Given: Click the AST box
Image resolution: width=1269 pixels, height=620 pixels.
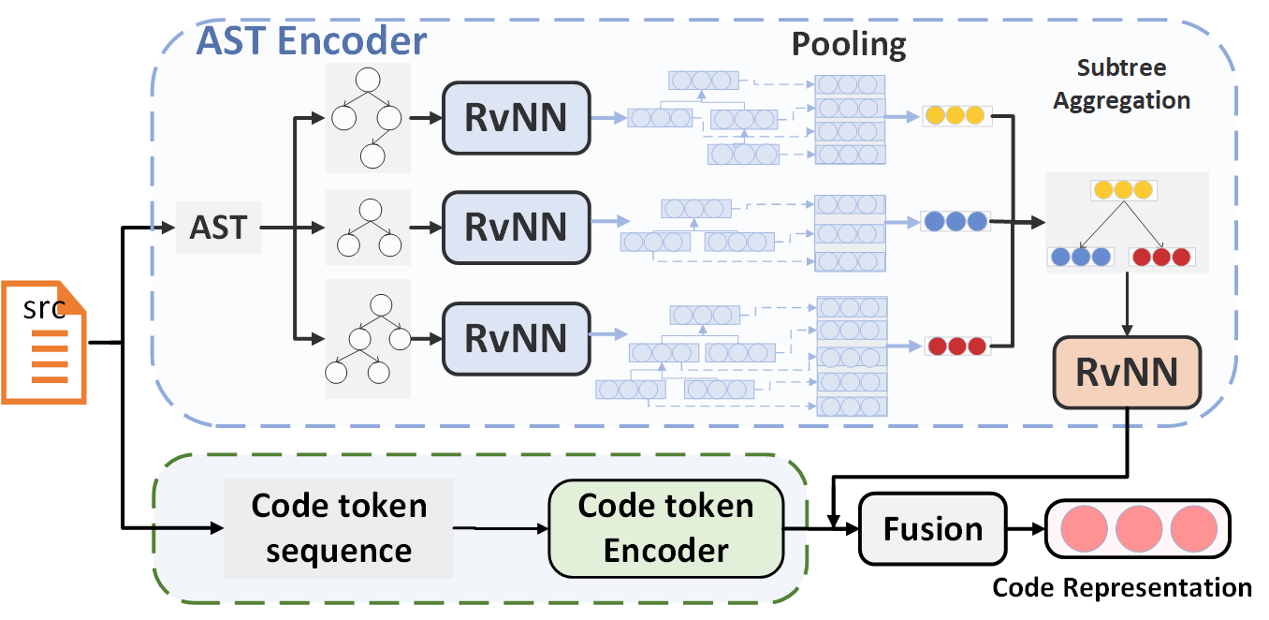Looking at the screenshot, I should (x=218, y=227).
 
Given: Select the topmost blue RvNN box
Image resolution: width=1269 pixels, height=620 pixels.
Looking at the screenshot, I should (x=517, y=118).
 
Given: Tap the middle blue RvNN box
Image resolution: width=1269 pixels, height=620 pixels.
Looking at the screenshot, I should (x=517, y=227).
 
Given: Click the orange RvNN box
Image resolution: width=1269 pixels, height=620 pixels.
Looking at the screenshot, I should (x=1127, y=372).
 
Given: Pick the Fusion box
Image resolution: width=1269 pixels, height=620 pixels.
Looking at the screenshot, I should (x=933, y=529).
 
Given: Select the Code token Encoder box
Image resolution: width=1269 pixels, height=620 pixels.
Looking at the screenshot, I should (x=665, y=527).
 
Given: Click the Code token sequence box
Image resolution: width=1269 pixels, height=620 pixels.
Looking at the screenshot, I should (x=339, y=527).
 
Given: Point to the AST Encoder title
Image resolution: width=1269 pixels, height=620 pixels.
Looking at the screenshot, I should (x=311, y=42).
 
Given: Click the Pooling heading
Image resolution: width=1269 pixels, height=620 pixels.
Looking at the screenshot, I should (x=849, y=44).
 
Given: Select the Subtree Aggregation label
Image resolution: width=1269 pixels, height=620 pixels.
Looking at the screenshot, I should (x=1121, y=84).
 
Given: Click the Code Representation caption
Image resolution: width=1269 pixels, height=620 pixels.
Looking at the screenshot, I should (x=1121, y=588).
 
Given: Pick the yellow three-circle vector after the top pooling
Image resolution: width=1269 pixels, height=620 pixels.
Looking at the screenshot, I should (x=955, y=116).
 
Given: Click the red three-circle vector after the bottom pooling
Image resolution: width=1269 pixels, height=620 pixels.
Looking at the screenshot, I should (x=956, y=346).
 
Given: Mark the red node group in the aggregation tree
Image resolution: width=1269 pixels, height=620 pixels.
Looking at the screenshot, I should (x=1161, y=256).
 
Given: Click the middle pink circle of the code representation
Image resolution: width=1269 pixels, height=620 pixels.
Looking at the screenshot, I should (x=1137, y=529).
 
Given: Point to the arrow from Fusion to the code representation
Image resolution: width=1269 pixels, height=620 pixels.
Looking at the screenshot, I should (x=1026, y=529).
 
